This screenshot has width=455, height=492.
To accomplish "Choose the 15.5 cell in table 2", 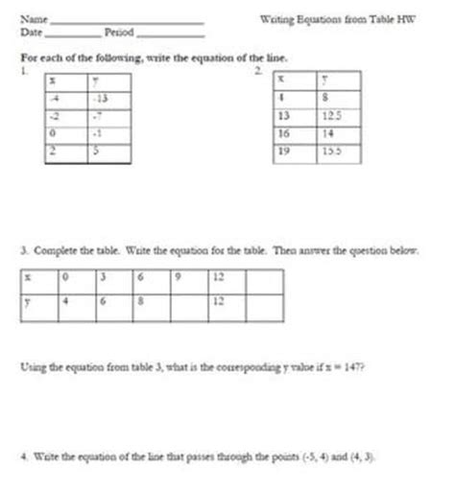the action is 332,152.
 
